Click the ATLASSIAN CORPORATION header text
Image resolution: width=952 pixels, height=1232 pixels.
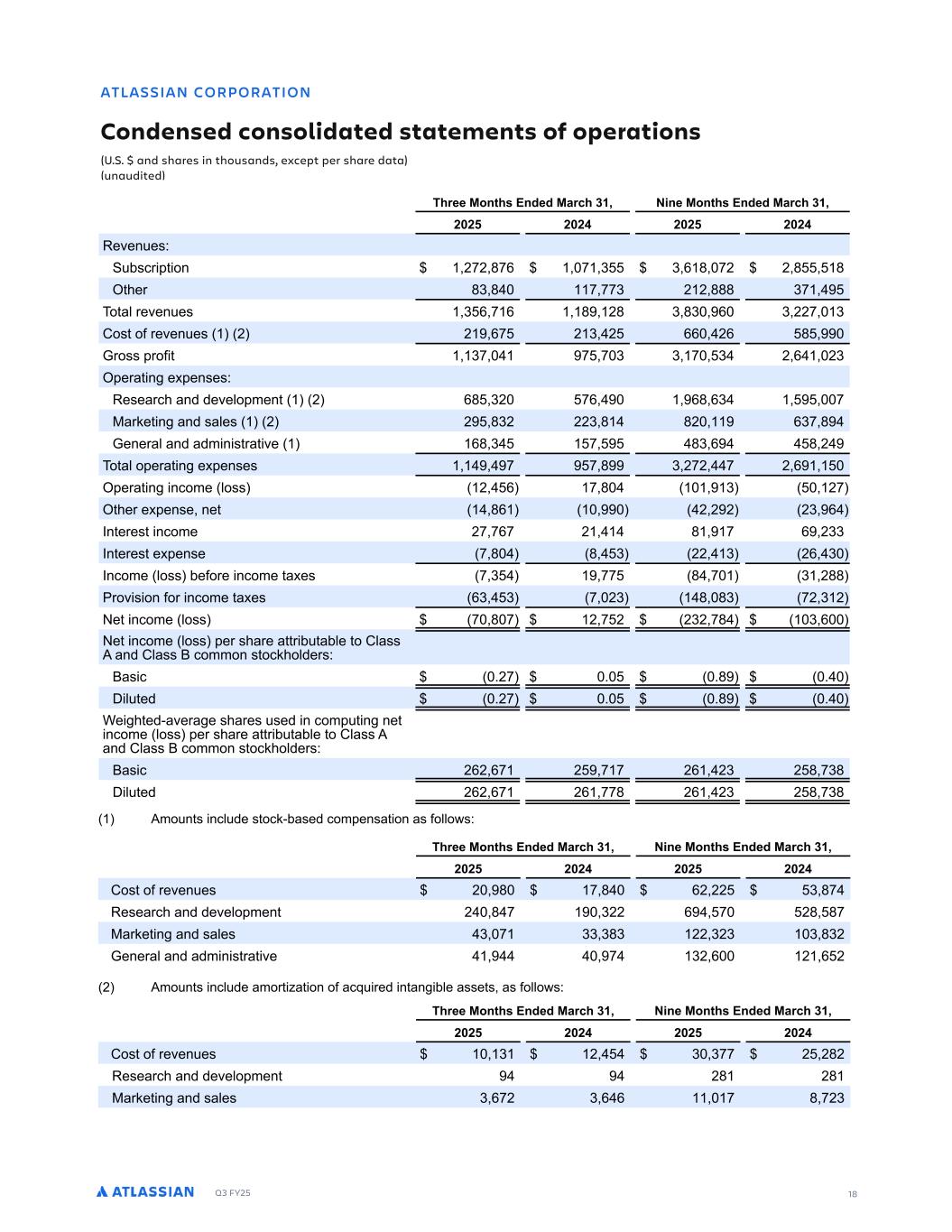point(206,92)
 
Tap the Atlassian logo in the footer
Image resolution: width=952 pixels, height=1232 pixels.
point(145,1191)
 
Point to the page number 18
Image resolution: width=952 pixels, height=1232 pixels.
point(852,1194)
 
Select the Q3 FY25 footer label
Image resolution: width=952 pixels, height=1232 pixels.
point(233,1193)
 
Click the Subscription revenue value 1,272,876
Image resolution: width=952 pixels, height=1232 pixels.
point(483,268)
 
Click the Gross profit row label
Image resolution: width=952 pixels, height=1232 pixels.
point(139,356)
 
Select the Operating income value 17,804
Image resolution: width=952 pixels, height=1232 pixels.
point(599,487)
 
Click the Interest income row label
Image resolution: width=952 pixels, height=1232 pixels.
point(150,532)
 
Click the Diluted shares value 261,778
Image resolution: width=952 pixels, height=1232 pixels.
point(593,792)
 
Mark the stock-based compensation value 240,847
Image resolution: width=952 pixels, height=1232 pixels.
point(483,912)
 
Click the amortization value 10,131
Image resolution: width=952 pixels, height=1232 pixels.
point(492,1054)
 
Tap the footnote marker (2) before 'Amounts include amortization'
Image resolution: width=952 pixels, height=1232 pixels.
point(106,987)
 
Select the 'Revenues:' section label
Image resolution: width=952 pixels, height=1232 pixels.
point(136,245)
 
